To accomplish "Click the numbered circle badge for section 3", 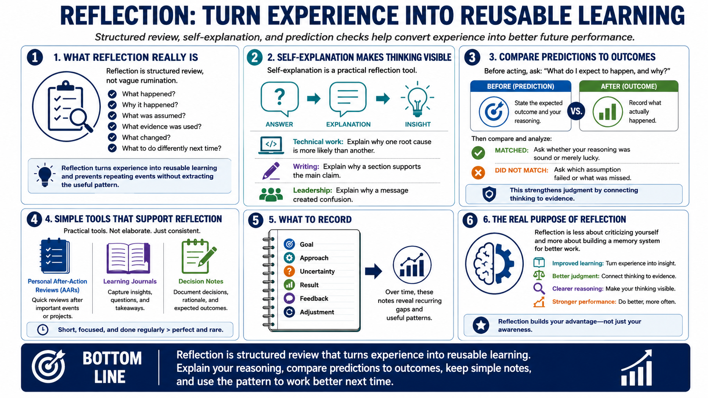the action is pos(472,57).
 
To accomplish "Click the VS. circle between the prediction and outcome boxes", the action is pos(576,111).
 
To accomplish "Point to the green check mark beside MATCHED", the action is pos(478,153).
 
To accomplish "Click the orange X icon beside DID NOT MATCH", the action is pos(478,173).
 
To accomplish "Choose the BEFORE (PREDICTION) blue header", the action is pos(520,86).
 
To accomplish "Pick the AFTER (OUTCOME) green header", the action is pos(629,86).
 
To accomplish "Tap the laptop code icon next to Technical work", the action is pos(271,145).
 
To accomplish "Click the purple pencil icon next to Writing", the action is pos(271,171).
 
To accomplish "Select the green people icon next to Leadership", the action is pos(271,195).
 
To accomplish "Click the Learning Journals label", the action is pos(130,281).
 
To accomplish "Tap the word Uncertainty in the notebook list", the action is pos(317,272).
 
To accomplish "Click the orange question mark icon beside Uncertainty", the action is pos(289,271).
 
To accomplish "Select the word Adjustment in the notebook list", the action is pos(317,312).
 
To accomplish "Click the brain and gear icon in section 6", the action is pos(494,264).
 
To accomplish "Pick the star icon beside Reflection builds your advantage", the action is pos(481,325).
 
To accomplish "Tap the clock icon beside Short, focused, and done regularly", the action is pos(43,330).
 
